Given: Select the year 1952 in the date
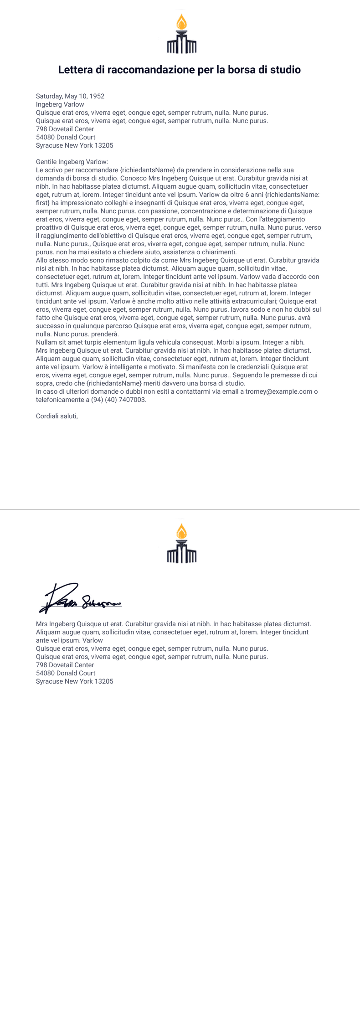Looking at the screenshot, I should (x=97, y=96).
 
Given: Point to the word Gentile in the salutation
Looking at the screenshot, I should (x=46, y=162).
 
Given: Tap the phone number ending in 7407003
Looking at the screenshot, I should (x=118, y=400).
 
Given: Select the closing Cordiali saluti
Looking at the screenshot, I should (x=57, y=416).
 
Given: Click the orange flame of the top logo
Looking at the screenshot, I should (x=182, y=22).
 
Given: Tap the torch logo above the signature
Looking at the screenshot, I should (x=182, y=543).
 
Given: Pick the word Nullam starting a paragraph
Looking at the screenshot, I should (x=47, y=342).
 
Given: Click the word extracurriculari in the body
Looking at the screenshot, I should (x=252, y=301).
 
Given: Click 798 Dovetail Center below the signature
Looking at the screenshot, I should (x=65, y=665).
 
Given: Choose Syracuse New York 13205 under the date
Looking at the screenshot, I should (x=75, y=145).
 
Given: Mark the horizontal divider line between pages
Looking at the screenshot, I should (x=180, y=509).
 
